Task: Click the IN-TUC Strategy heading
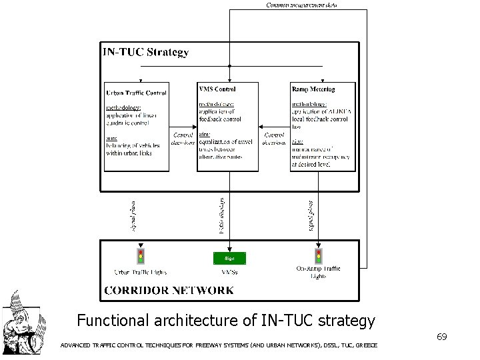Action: (145, 51)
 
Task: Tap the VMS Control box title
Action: (217, 89)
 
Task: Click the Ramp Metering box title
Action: (313, 89)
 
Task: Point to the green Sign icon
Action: (229, 257)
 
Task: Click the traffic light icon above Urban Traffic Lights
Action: (140, 256)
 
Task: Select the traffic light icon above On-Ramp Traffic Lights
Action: (318, 256)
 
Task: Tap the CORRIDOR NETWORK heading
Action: (169, 290)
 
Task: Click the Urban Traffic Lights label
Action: (140, 271)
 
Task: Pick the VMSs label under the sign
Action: (229, 271)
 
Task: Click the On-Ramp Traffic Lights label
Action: (318, 272)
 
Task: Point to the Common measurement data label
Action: (301, 5)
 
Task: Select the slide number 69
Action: (441, 337)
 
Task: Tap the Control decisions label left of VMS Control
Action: (183, 138)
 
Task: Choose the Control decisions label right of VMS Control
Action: (275, 138)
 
